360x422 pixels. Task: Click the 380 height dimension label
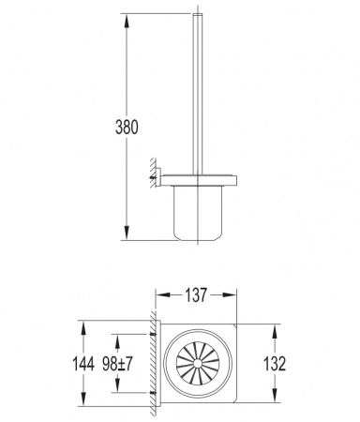(x=127, y=128)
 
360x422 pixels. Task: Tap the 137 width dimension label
(x=196, y=295)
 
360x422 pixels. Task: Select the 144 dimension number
(x=83, y=364)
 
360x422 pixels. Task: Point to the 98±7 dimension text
(x=118, y=364)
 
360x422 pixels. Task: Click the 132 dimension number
(x=275, y=364)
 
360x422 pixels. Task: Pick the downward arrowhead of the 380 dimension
(x=127, y=233)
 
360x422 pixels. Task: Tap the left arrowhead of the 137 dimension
(x=163, y=295)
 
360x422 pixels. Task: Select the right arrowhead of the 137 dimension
(x=230, y=295)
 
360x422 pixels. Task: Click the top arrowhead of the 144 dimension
(x=83, y=328)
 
